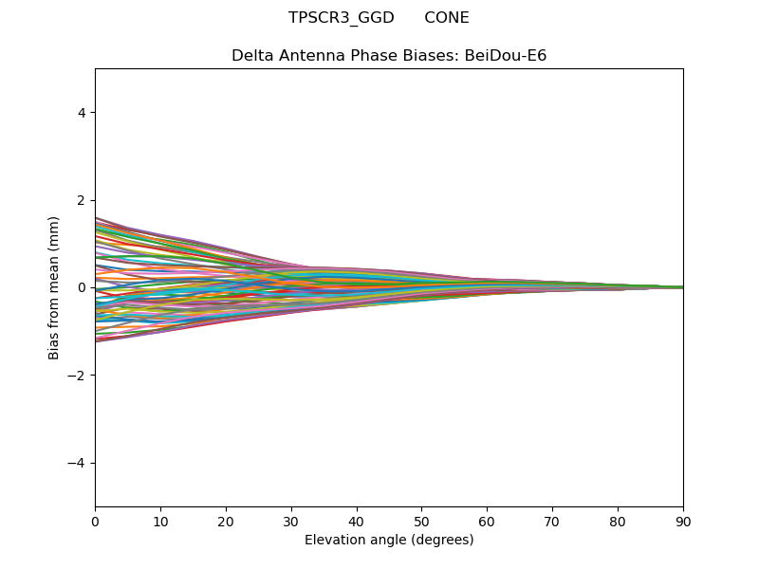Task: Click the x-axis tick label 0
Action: point(96,523)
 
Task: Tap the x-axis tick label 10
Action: point(160,523)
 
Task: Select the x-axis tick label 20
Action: point(226,523)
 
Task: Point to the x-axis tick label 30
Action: point(291,523)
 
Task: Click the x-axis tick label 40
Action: point(357,523)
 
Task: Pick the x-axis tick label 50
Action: point(422,523)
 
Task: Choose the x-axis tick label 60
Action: point(488,523)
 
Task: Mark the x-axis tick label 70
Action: point(553,523)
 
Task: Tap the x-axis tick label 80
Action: point(619,523)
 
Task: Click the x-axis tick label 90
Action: point(683,523)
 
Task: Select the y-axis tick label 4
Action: point(82,113)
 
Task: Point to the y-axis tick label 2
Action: point(82,200)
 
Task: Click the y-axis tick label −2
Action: point(77,376)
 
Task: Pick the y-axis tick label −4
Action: point(77,463)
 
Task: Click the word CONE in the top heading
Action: point(447,18)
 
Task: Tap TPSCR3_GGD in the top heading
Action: point(342,18)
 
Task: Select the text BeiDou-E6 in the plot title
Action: point(506,56)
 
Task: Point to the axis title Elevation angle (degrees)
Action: point(389,540)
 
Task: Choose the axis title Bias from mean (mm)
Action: point(53,288)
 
